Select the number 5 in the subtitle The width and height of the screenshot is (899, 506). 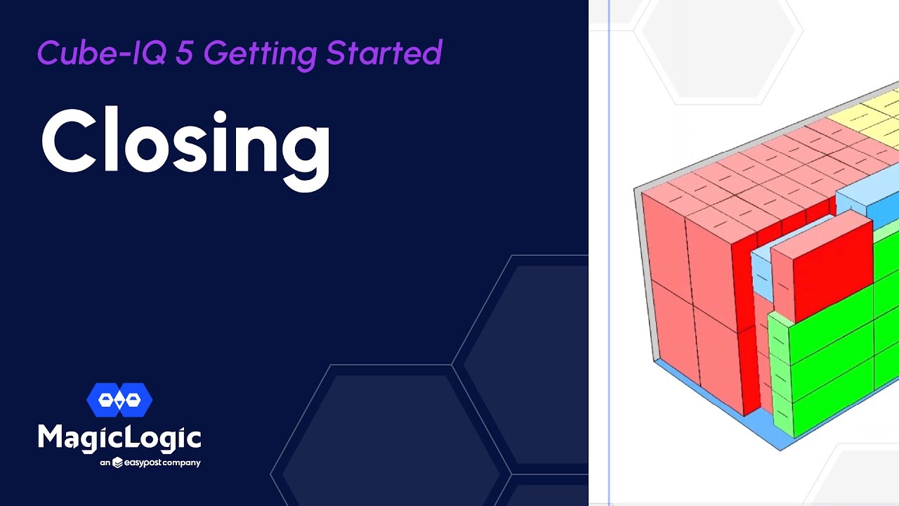tap(184, 53)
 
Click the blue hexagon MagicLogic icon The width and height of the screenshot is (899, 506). tap(119, 400)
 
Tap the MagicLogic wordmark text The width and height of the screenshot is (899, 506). tap(119, 439)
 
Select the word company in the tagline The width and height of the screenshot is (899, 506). tap(182, 463)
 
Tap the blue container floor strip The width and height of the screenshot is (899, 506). tap(730, 415)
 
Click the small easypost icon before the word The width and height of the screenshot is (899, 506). tap(118, 462)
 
